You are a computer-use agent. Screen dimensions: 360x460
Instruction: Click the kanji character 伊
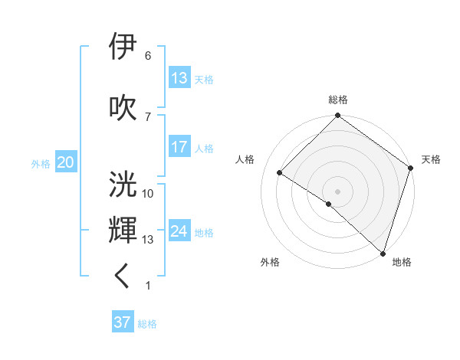124,47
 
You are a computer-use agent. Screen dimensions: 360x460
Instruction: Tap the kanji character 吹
124,107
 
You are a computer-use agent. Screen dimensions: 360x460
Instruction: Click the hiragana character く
124,277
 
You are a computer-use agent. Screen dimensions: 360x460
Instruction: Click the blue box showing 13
179,77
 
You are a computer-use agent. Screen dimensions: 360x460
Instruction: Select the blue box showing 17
179,147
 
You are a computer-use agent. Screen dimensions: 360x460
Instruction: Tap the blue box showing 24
179,231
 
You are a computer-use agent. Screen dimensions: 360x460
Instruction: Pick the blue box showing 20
66,162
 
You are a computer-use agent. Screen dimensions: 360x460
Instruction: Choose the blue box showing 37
123,322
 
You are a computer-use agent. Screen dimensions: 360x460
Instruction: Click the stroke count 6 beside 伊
148,56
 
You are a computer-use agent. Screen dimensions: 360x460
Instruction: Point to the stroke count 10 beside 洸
148,193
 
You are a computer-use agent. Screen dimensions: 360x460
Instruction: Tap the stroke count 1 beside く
148,286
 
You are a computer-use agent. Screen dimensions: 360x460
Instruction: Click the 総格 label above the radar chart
338,100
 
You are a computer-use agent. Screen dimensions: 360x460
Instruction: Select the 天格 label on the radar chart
431,159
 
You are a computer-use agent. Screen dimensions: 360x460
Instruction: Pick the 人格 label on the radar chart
245,159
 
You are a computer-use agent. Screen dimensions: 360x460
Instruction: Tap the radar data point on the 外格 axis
329,204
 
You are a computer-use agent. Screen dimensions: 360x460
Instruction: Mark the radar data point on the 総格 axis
338,116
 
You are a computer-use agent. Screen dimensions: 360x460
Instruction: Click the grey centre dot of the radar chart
338,191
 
